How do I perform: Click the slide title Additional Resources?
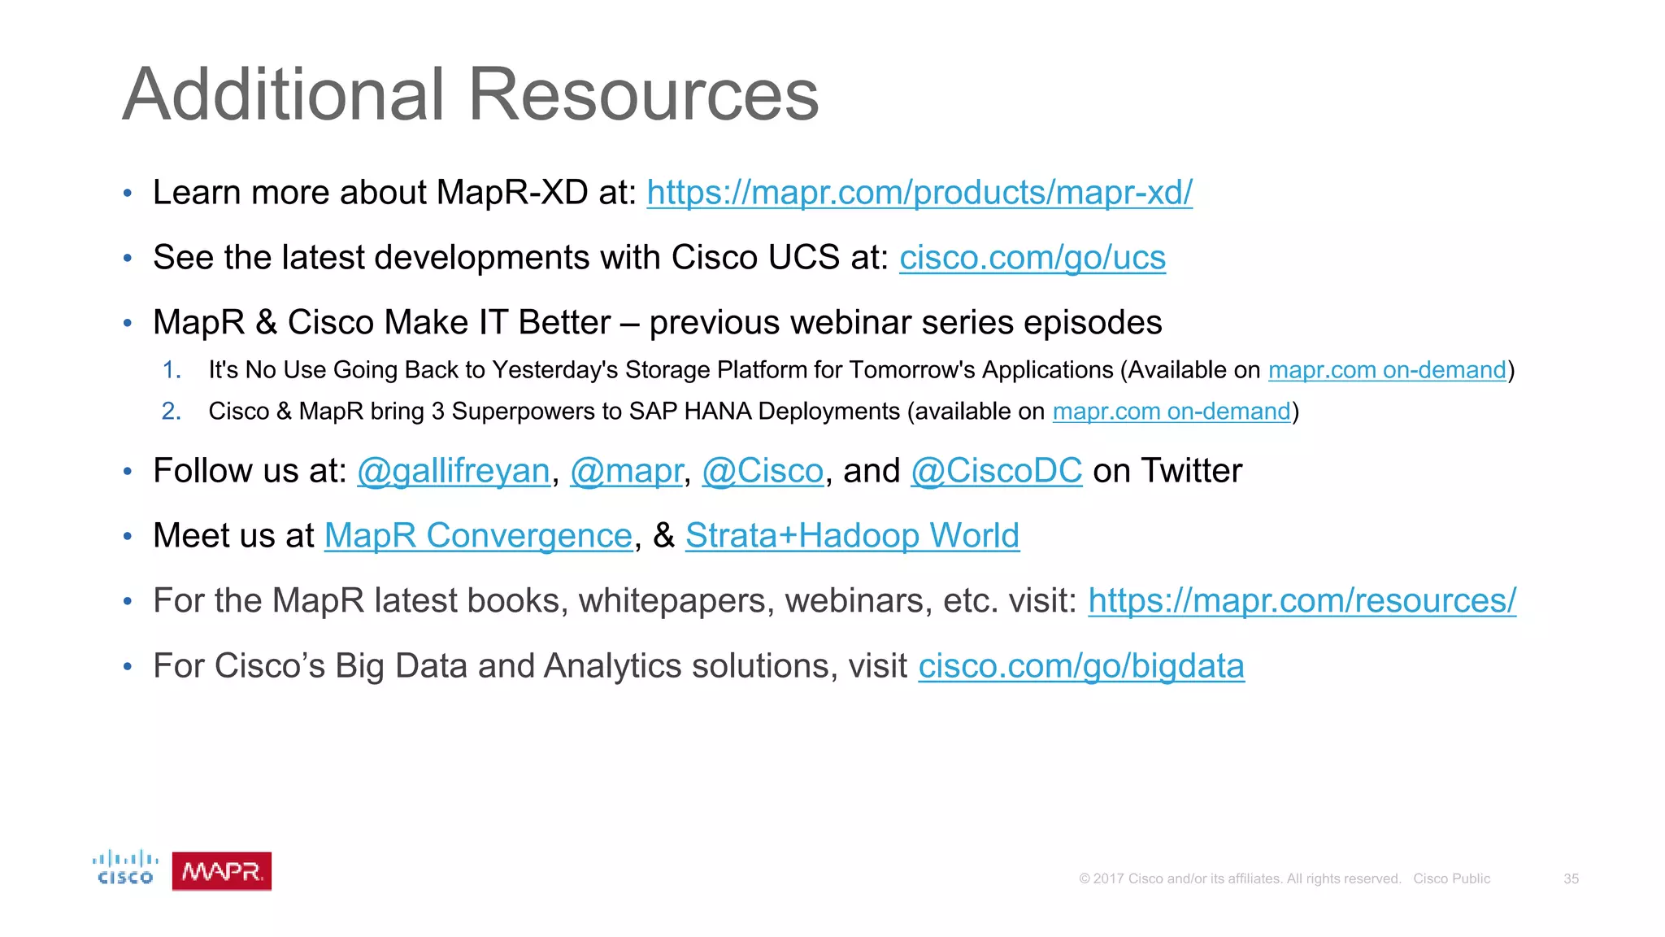471,94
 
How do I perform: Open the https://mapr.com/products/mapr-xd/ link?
919,193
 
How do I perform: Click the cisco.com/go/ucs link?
1032,258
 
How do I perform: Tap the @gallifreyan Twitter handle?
454,471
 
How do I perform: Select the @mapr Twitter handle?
626,471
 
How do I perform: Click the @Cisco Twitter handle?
763,471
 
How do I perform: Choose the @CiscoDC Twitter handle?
996,471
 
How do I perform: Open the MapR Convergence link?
478,536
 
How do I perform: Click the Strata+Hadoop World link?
852,536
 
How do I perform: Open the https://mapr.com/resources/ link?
1302,601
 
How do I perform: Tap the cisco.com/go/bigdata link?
1081,666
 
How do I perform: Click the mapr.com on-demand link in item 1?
1387,370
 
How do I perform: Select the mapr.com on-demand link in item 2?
1172,412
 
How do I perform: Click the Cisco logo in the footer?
125,867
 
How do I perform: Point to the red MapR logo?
221,871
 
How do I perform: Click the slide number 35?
1571,878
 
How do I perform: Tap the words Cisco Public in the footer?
1451,878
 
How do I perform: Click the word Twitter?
1191,471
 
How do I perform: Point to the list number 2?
171,412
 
